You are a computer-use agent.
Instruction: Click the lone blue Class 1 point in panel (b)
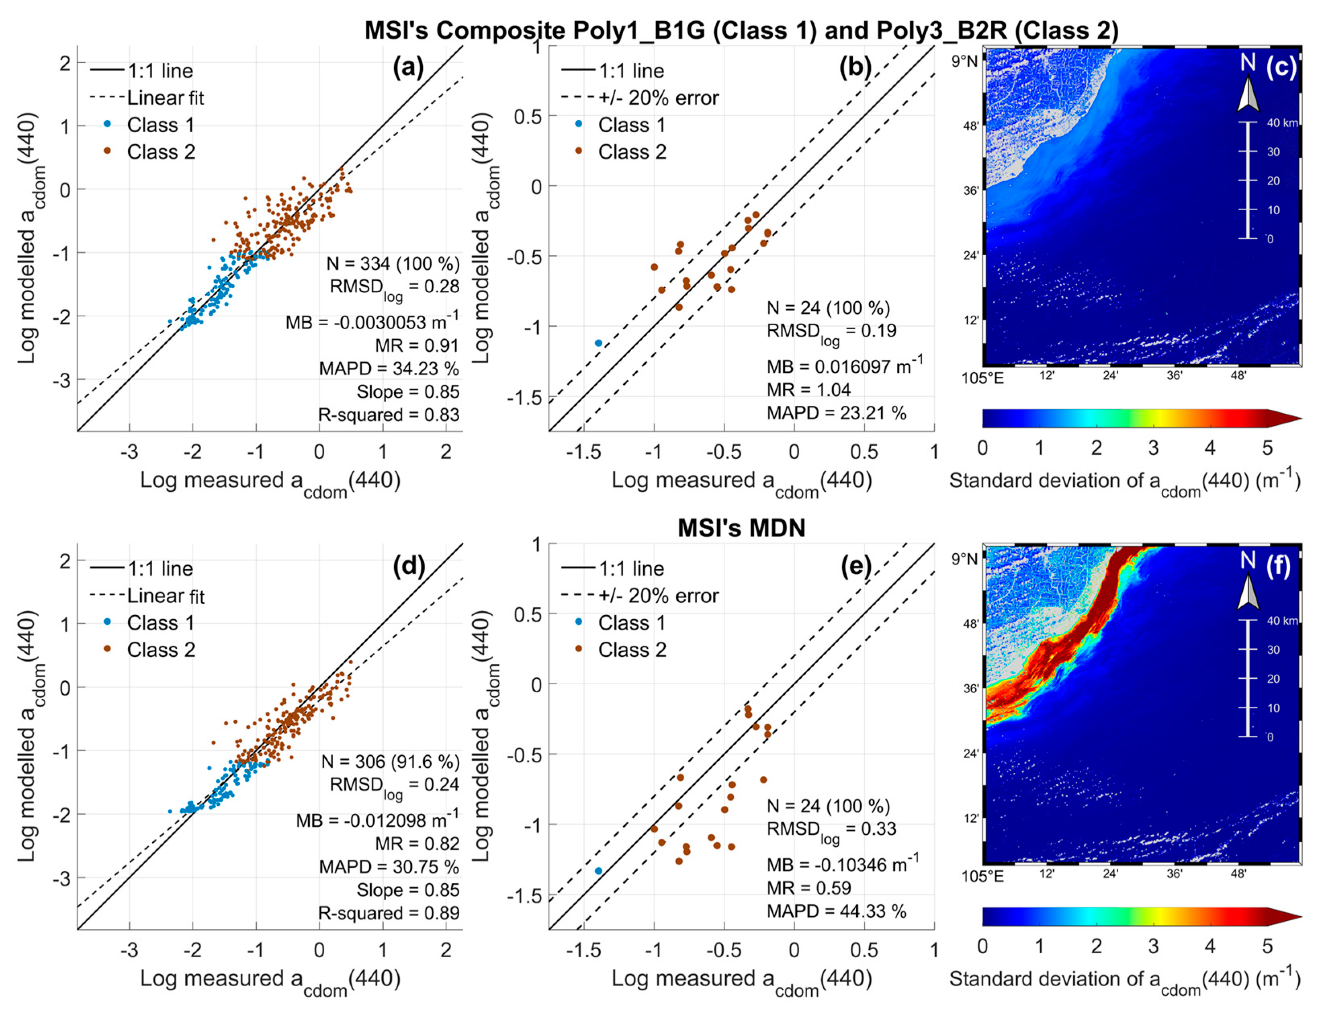point(598,343)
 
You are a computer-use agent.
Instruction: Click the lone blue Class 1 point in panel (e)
point(598,871)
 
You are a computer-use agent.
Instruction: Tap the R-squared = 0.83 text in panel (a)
point(389,415)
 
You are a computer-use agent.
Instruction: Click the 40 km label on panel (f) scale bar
point(1282,620)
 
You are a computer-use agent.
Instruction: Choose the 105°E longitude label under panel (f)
point(982,876)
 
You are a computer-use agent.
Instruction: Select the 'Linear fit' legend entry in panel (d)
point(166,596)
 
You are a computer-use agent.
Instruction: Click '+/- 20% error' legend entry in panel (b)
point(658,98)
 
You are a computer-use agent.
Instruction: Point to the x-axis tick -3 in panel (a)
point(129,452)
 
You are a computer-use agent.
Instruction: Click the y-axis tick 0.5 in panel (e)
point(529,614)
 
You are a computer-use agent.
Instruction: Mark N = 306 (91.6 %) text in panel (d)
point(390,762)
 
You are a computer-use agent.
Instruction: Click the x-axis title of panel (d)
point(270,979)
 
